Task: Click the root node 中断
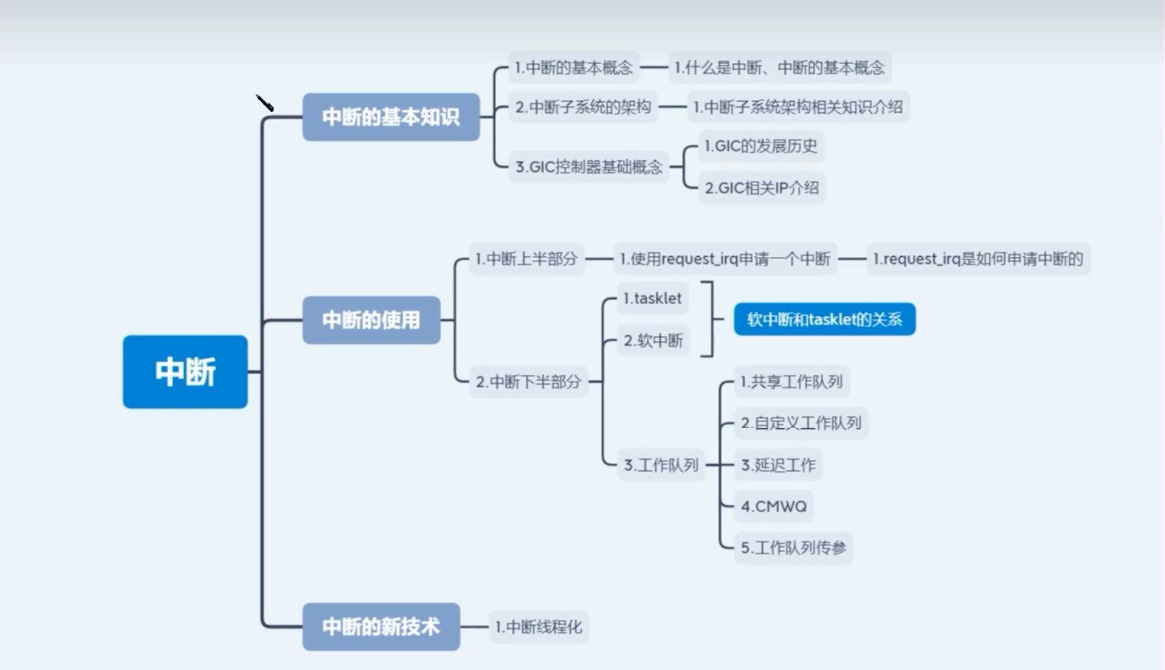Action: tap(185, 372)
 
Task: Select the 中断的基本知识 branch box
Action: tap(390, 117)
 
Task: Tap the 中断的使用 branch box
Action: tap(371, 320)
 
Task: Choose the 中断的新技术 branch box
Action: tap(381, 627)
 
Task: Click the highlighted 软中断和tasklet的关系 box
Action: tap(824, 319)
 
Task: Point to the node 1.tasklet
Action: tap(652, 298)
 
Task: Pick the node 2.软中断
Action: tap(653, 341)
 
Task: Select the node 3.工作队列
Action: tap(661, 465)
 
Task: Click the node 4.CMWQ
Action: tap(774, 507)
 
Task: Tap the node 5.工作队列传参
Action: tap(793, 548)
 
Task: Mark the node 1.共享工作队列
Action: tap(791, 381)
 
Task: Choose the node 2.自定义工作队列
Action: tap(801, 423)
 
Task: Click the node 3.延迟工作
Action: tap(778, 465)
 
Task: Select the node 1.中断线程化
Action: tap(538, 627)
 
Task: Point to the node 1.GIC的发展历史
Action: tap(761, 146)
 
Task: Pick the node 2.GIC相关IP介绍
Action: tap(762, 188)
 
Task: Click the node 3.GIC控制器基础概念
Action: tap(588, 167)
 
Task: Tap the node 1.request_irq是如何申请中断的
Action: tap(978, 259)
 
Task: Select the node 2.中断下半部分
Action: tap(528, 381)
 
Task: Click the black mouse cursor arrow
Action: tap(265, 103)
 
